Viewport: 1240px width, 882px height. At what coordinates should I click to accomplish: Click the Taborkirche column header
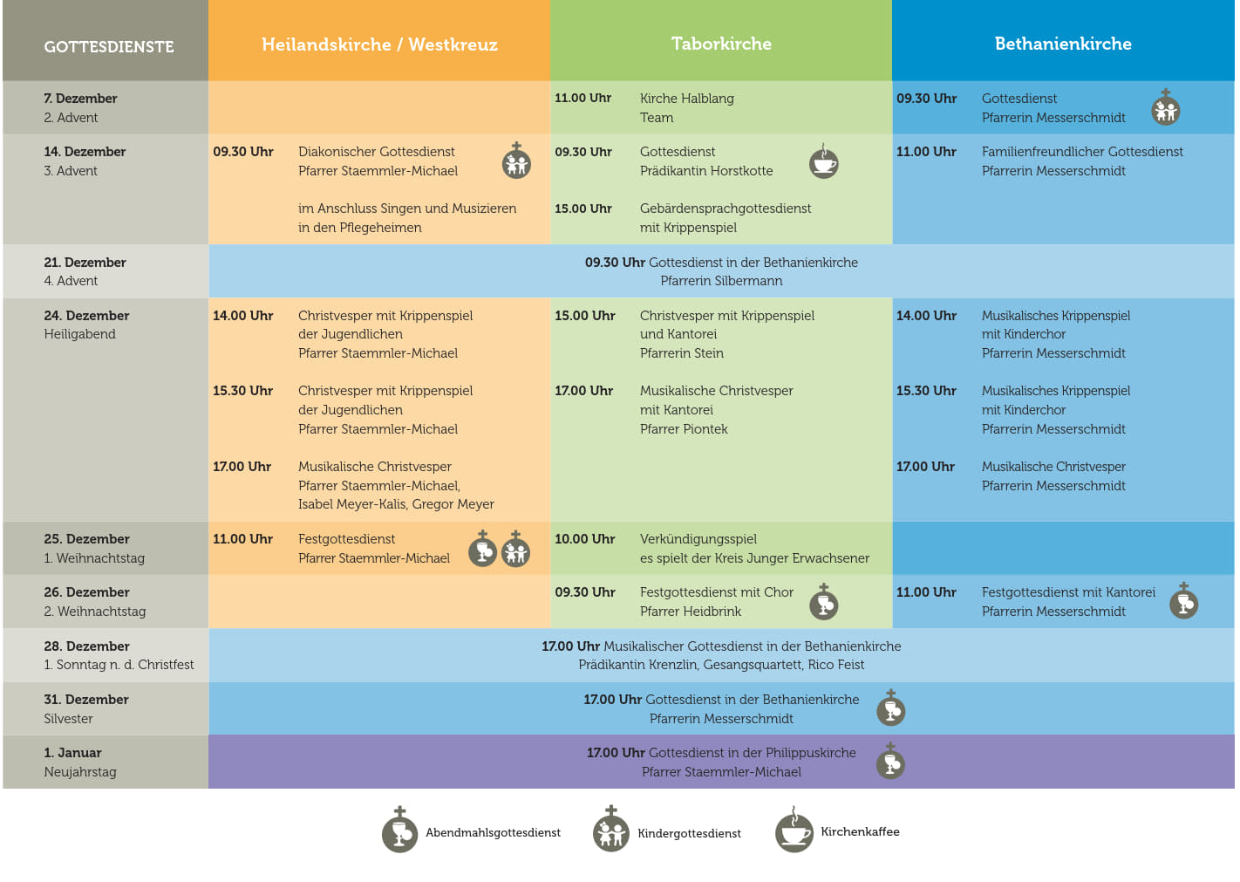tap(721, 44)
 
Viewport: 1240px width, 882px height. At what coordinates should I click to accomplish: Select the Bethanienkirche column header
tap(1063, 44)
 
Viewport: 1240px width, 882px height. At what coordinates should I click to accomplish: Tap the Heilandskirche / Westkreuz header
tap(379, 44)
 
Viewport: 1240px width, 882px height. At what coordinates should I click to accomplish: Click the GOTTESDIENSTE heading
tap(109, 47)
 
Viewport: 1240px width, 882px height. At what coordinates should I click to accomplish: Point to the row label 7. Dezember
tap(80, 99)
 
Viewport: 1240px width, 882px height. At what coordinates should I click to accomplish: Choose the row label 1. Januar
tap(72, 753)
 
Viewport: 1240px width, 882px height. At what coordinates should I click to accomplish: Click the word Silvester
tap(68, 719)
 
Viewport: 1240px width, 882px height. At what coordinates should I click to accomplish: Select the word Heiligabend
tap(79, 334)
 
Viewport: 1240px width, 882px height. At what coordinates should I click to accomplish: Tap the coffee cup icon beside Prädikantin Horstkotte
tap(823, 162)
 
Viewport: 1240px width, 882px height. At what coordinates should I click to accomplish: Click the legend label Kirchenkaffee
tap(860, 832)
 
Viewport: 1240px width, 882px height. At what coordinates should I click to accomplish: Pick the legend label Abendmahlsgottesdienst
tap(493, 833)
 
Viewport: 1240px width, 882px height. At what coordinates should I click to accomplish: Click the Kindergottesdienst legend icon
tap(610, 831)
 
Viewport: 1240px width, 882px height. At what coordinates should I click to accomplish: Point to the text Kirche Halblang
tap(686, 99)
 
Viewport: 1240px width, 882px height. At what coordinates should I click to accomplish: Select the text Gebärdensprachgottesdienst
tap(725, 209)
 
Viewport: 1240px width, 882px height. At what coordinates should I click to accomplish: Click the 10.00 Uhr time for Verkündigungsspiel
tap(584, 539)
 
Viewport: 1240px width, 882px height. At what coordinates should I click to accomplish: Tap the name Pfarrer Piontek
tap(684, 429)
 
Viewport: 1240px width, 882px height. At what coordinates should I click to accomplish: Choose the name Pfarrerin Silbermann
tap(721, 281)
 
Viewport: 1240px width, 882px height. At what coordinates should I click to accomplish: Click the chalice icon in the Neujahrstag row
tap(890, 762)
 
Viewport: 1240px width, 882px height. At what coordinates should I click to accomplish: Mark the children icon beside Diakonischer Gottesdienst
tap(516, 162)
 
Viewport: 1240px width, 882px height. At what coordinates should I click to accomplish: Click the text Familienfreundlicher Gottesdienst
tap(1082, 152)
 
